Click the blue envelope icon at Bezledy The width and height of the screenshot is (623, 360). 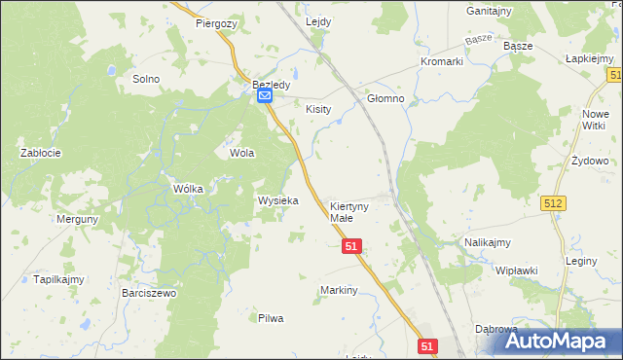pos(264,96)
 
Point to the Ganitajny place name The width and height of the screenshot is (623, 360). pos(490,11)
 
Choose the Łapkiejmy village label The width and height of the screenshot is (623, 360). pos(588,58)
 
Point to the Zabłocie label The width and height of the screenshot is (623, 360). pos(42,153)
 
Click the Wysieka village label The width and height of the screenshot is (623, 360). pos(277,200)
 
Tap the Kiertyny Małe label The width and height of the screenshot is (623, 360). pos(348,213)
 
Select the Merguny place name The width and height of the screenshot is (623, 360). pos(78,220)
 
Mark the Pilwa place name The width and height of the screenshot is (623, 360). pos(270,318)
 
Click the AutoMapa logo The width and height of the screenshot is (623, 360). pos(564,342)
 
